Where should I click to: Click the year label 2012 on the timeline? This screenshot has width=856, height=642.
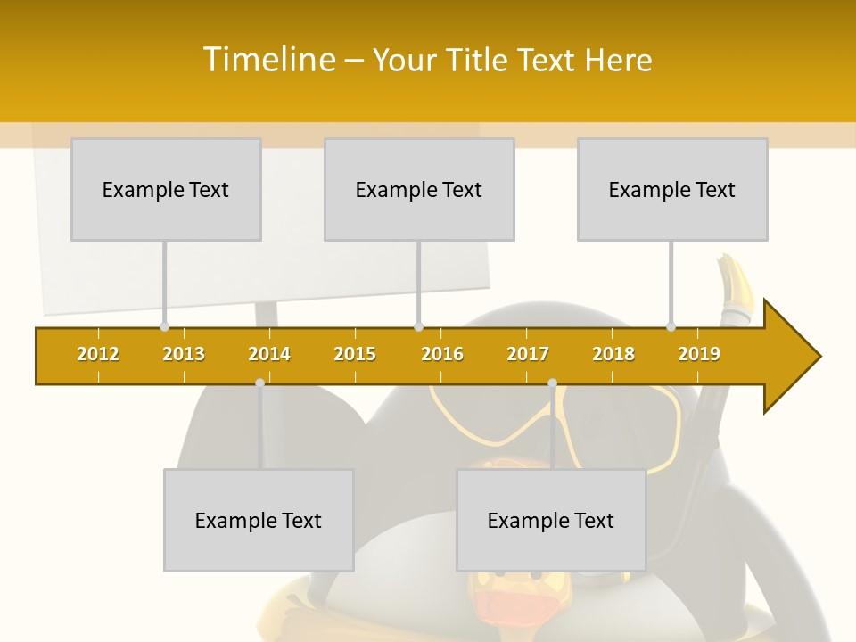point(98,354)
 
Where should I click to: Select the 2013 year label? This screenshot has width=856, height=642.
point(184,354)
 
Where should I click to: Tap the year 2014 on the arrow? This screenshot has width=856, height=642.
point(269,354)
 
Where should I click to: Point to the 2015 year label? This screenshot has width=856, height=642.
point(355,354)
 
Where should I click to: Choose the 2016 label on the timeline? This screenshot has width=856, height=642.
point(442,354)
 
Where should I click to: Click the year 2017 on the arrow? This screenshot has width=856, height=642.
point(528,354)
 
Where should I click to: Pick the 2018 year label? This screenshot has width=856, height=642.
point(613,354)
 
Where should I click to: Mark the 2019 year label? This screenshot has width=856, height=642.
point(699,354)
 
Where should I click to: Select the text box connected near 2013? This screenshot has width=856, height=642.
point(166,189)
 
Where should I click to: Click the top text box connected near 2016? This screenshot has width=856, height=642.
point(419,189)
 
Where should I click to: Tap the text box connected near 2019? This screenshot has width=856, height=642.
point(672,189)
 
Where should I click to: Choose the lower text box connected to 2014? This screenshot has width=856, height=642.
point(259,520)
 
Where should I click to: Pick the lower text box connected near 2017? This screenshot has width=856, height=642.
point(551,520)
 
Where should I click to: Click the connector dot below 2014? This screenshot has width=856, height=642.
point(259,383)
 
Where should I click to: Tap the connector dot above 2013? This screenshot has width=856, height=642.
point(164,327)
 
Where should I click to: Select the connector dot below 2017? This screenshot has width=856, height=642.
point(552,383)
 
